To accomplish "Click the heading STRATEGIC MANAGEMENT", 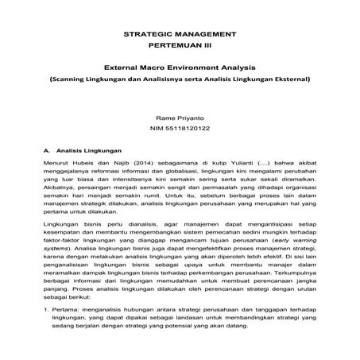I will pyautogui.click(x=180, y=36).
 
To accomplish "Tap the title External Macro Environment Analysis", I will pyautogui.click(x=180, y=69).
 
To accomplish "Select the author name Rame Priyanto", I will pyautogui.click(x=180, y=116).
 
